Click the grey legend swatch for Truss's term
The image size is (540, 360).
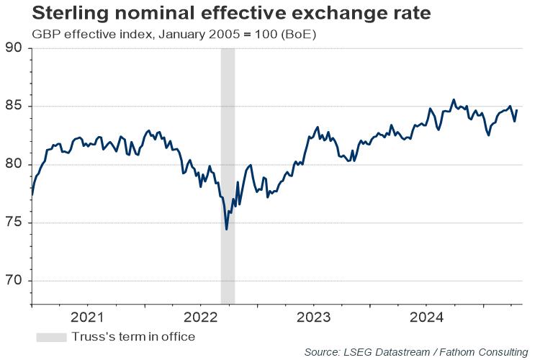50,336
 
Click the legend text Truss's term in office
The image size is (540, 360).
133,336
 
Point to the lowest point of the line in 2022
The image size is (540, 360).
227,230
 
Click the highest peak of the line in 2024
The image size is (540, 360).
454,99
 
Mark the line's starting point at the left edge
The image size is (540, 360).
32,194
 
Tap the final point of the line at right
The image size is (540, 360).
517,110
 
